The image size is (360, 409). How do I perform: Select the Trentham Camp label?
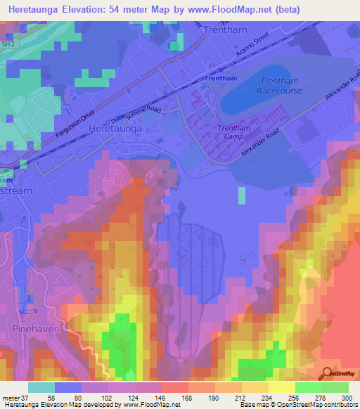coord(233,133)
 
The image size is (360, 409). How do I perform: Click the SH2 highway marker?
coord(8,44)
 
